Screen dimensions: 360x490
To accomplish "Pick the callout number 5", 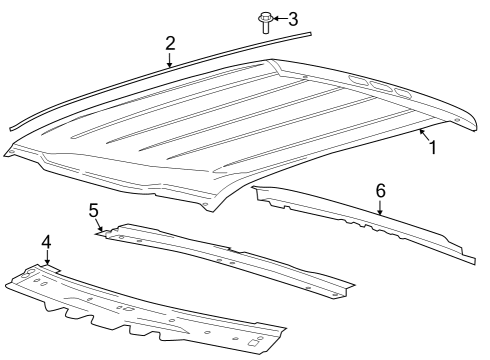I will coord(93,210).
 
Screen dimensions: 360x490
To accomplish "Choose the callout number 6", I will coord(380,189).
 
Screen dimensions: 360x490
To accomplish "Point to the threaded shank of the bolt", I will coord(266,28).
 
